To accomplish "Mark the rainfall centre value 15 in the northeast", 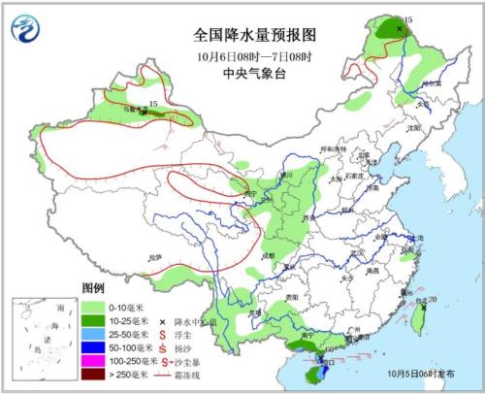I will (x=407, y=19).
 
